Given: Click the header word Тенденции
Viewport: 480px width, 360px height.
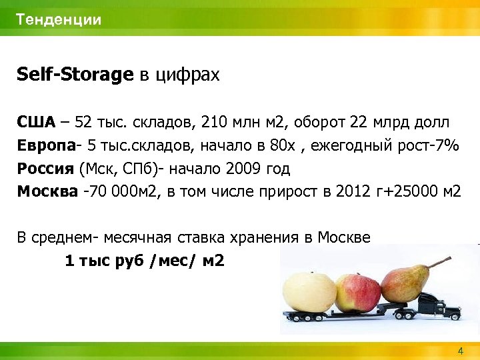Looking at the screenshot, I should click(59, 19).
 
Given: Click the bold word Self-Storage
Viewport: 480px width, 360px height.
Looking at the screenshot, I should click(75, 75).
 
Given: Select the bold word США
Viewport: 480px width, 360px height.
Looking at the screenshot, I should click(37, 123).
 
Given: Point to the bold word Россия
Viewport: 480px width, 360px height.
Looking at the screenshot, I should click(45, 168).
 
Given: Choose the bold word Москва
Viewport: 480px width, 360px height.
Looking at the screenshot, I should click(47, 191).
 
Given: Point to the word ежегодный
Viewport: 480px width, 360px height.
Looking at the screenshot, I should click(353, 146).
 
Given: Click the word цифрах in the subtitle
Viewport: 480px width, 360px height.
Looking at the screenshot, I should click(187, 75).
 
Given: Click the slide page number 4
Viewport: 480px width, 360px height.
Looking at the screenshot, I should click(460, 351).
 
